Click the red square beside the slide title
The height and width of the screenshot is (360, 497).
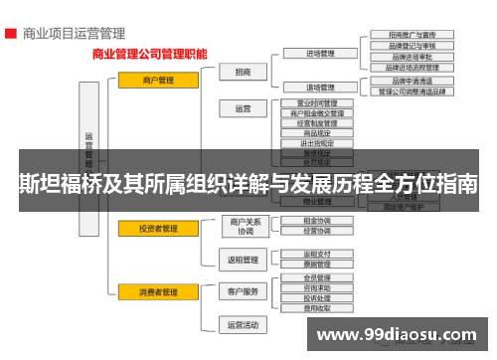pos(9,33)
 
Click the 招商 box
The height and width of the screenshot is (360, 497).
pos(244,72)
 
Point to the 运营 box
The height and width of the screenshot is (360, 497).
pos(244,108)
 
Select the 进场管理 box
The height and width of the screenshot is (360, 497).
pos(317,54)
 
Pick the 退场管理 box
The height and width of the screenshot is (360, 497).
pos(317,88)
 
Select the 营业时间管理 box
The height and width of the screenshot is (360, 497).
pos(317,103)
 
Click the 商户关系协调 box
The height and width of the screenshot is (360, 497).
pos(245,226)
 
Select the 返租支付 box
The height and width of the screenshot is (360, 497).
pos(317,255)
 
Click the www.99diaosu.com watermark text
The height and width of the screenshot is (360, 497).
pos(399,333)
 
